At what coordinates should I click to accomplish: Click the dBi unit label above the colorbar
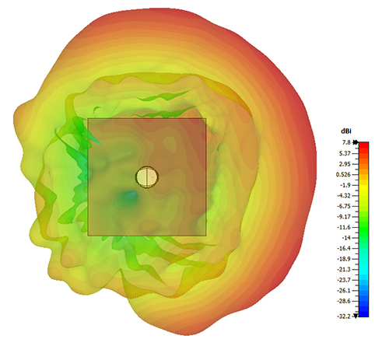click(346, 131)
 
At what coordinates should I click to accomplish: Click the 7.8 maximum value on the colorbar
click(346, 142)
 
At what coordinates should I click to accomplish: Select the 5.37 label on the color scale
click(345, 153)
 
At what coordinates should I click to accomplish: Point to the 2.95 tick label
click(345, 164)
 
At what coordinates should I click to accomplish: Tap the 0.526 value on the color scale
click(343, 175)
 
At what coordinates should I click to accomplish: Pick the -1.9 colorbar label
click(345, 185)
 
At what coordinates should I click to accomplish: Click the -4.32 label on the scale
click(344, 196)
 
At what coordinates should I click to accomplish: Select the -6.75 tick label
click(344, 206)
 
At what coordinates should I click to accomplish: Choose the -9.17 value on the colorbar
click(344, 217)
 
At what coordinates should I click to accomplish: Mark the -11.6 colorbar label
click(344, 227)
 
